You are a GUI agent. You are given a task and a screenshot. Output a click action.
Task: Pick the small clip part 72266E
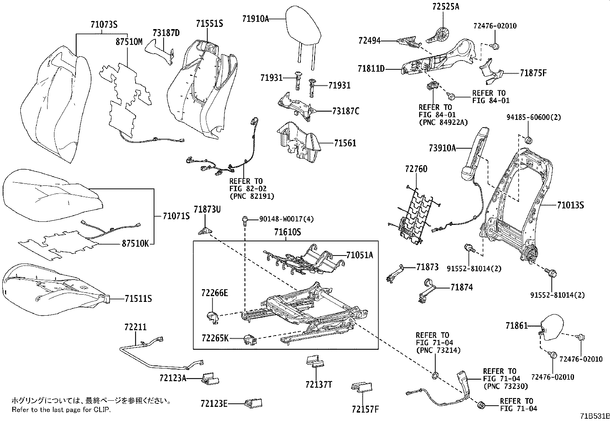(x=212, y=316)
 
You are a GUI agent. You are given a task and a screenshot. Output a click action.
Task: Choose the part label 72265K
(x=215, y=338)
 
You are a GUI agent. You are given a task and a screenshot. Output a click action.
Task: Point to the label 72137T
(x=319, y=384)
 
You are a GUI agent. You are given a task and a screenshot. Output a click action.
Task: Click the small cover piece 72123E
(x=254, y=403)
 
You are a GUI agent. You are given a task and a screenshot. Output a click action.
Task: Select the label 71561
(x=345, y=143)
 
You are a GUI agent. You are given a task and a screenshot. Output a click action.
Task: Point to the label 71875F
(x=533, y=73)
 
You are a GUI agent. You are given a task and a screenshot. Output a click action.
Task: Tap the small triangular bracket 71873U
(x=205, y=231)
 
